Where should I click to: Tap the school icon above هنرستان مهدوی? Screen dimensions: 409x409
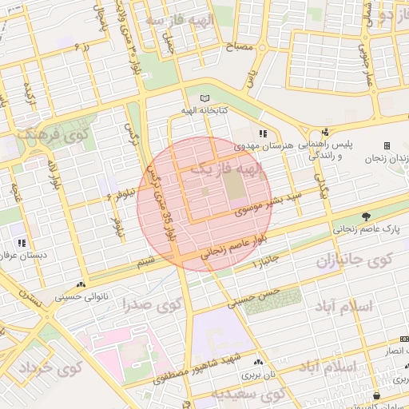click(263, 133)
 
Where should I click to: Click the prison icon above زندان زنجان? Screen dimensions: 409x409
click(387, 145)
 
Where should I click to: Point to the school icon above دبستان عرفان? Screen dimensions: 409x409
click(22, 242)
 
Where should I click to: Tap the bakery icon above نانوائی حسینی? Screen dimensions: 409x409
click(80, 284)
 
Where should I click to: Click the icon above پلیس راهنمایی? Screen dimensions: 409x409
click(324, 133)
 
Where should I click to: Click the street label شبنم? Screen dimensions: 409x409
click(145, 261)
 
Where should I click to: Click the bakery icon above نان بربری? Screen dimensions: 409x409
click(256, 360)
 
